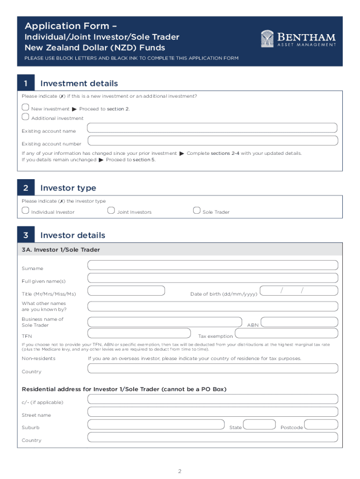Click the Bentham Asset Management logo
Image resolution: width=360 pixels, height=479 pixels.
298,39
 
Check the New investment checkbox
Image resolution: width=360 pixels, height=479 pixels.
25,108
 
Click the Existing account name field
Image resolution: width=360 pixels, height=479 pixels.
212,128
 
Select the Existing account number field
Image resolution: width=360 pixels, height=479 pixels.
212,140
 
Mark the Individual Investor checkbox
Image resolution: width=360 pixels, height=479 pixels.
25,210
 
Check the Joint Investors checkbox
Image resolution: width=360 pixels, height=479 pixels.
111,210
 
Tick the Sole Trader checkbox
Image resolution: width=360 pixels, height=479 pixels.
196,210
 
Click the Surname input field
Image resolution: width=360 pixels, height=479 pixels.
212,265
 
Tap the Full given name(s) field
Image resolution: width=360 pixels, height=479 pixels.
212,278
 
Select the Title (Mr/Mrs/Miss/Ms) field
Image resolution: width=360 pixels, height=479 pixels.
126,290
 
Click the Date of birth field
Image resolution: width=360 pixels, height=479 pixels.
298,290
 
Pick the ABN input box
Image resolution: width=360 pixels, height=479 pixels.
299,322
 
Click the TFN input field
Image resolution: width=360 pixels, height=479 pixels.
139,333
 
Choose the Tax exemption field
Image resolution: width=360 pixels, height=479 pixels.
286,333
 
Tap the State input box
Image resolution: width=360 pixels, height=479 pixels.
259,424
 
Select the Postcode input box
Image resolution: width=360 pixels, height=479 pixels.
321,424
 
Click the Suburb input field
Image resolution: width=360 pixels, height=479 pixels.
156,424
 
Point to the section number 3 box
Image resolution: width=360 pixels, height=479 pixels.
26,235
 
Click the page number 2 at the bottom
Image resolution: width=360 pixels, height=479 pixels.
180,471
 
